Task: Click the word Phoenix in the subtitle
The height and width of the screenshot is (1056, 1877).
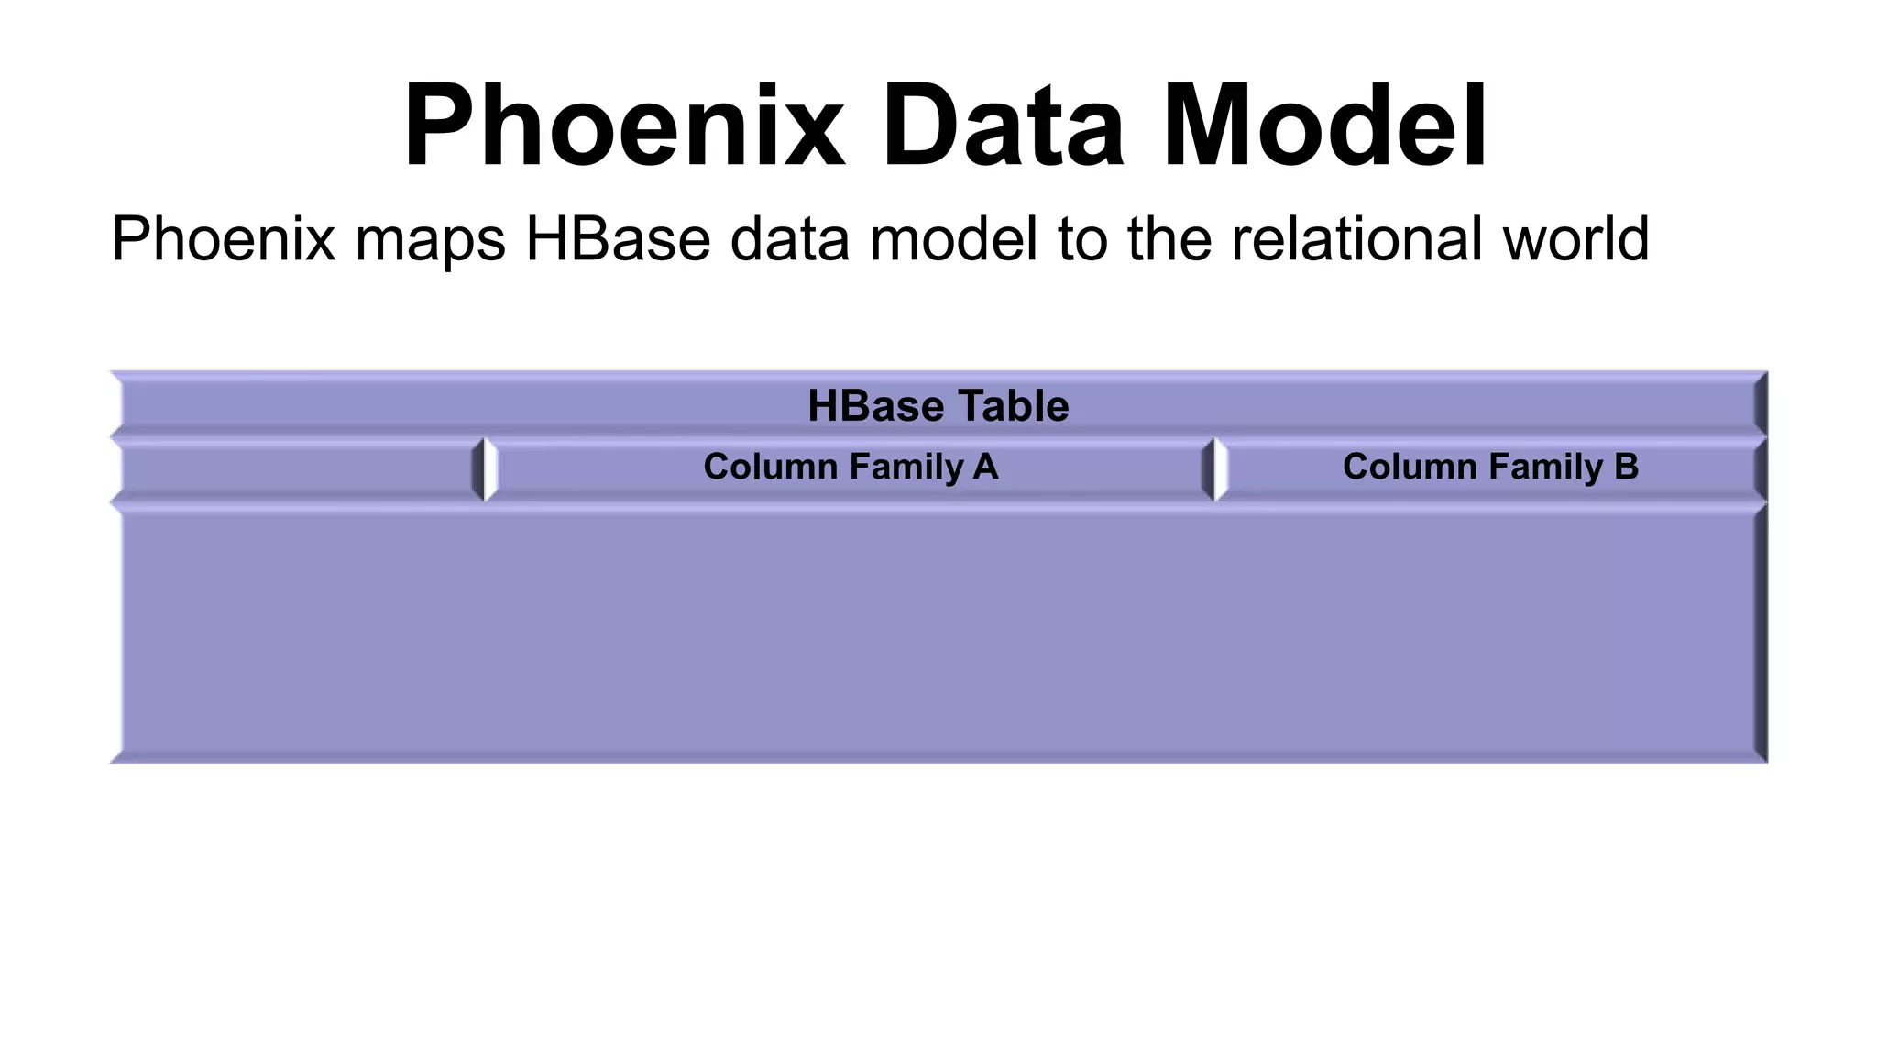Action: click(224, 239)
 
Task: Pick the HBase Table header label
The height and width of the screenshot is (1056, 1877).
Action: click(938, 406)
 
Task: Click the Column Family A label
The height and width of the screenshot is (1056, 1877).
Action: click(851, 467)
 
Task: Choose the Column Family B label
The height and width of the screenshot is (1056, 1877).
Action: click(1490, 467)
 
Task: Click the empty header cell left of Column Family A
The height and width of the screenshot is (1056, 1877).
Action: click(298, 469)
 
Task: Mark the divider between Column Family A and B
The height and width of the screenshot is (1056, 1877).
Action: click(1214, 469)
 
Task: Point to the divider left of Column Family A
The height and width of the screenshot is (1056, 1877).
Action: click(484, 469)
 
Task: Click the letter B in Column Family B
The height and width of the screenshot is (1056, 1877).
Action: click(1626, 467)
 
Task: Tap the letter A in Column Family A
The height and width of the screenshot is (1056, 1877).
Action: click(985, 467)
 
